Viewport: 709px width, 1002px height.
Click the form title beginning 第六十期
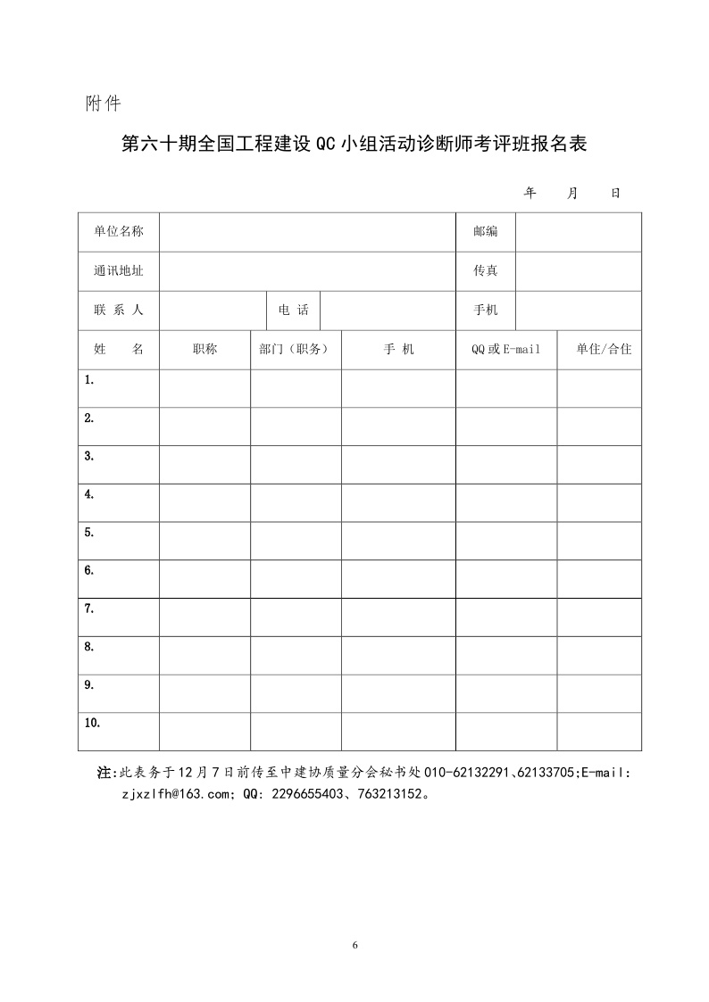(x=354, y=145)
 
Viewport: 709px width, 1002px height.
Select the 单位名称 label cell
(x=119, y=232)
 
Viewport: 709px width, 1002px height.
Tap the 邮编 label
(x=486, y=232)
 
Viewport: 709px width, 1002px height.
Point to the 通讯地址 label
(x=119, y=271)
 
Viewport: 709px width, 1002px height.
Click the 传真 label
(x=486, y=271)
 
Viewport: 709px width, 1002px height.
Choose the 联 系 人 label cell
(x=119, y=311)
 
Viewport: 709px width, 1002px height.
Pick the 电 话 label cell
(x=294, y=311)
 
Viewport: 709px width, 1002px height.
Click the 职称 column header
(x=204, y=350)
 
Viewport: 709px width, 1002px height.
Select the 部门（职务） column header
(x=296, y=350)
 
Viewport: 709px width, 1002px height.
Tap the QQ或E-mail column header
(x=506, y=350)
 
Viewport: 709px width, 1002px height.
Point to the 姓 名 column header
(x=119, y=350)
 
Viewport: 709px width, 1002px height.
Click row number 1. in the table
(x=89, y=380)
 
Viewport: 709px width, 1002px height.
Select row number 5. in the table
(x=89, y=533)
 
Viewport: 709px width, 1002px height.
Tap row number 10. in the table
(x=92, y=723)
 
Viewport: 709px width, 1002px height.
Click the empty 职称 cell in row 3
(x=204, y=464)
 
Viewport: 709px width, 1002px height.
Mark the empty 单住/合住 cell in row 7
(x=599, y=617)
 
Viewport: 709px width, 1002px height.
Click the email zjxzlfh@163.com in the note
(x=172, y=792)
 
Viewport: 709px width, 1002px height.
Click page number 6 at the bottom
(x=355, y=945)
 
